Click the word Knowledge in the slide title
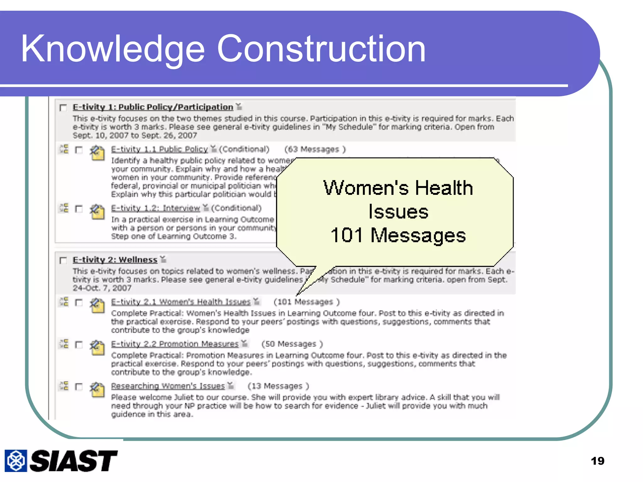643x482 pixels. click(113, 49)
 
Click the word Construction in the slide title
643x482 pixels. click(321, 49)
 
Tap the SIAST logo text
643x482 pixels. click(73, 461)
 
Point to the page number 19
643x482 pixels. click(597, 461)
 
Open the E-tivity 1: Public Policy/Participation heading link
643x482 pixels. click(153, 107)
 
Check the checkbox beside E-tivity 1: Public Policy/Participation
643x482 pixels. click(63, 108)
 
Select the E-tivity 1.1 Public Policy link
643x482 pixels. click(159, 149)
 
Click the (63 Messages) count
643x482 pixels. click(315, 149)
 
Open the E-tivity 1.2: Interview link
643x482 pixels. click(155, 208)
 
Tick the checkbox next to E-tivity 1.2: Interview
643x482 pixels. click(79, 209)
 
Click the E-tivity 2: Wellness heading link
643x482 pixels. click(115, 260)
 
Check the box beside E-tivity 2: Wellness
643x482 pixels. click(63, 260)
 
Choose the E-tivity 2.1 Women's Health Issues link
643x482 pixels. click(181, 302)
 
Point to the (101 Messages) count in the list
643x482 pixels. click(306, 302)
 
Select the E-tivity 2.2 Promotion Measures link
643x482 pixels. click(175, 344)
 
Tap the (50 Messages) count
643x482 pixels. click(292, 344)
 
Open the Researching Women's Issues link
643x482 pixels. click(168, 386)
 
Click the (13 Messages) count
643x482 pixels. click(278, 386)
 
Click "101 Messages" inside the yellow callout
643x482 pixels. click(398, 235)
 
